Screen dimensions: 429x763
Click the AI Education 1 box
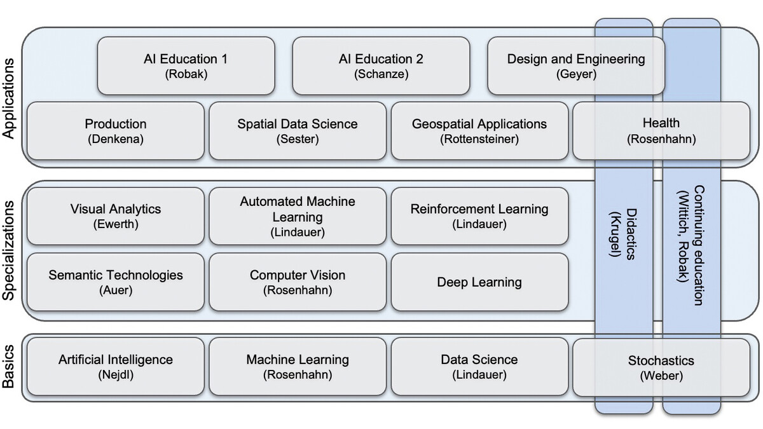pyautogui.click(x=185, y=65)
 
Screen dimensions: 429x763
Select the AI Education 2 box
pyautogui.click(x=380, y=65)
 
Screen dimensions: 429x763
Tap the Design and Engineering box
pyautogui.click(x=575, y=65)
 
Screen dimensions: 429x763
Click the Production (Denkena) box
pyautogui.click(x=115, y=130)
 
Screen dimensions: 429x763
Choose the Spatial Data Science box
pyautogui.click(x=297, y=130)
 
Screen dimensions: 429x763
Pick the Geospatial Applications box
pyautogui.click(x=479, y=130)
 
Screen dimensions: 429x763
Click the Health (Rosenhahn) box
pyautogui.click(x=661, y=130)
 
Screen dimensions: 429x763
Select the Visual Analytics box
pyautogui.click(x=115, y=215)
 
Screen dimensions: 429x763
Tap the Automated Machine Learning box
pyautogui.click(x=297, y=215)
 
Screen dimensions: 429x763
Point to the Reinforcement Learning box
pyautogui.click(x=479, y=215)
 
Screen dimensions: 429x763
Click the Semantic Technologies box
pyautogui.click(x=115, y=282)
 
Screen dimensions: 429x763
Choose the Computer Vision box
pyautogui.click(x=297, y=282)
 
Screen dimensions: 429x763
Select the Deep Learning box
pyautogui.click(x=479, y=282)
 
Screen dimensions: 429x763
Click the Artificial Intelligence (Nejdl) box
pyautogui.click(x=115, y=366)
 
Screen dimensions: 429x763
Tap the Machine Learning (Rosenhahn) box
pyautogui.click(x=297, y=366)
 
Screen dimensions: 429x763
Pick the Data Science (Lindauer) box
pyautogui.click(x=479, y=366)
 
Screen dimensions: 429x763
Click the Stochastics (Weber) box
pyautogui.click(x=661, y=366)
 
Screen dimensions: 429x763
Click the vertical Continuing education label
pyautogui.click(x=691, y=245)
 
